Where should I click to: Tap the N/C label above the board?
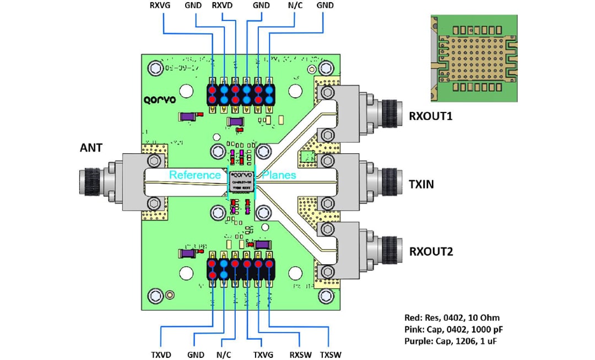pos(294,6)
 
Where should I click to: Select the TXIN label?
pos(421,184)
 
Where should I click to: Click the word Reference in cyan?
pos(194,175)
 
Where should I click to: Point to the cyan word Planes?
pos(279,175)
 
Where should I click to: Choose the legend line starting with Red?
pos(452,318)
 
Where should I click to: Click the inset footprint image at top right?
pos(474,58)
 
